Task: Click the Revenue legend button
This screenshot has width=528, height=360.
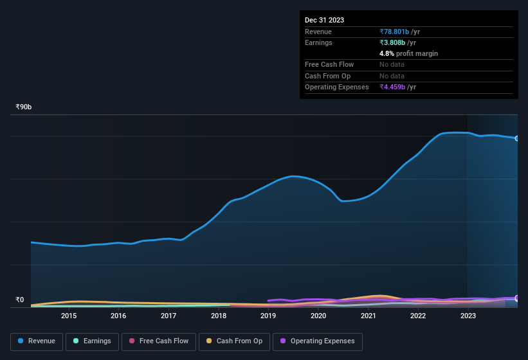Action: click(37, 341)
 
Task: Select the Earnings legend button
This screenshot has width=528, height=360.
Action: click(92, 341)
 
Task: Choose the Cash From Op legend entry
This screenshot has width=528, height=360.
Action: click(234, 341)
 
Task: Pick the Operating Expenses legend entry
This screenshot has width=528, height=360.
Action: click(317, 341)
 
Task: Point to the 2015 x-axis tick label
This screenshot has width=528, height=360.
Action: click(69, 316)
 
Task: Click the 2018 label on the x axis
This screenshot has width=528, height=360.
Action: click(219, 316)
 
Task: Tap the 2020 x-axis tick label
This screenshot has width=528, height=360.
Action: click(318, 316)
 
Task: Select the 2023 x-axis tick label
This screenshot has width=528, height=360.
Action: click(468, 316)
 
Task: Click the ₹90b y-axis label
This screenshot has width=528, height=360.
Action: click(24, 107)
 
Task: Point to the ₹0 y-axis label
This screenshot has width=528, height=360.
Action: click(20, 300)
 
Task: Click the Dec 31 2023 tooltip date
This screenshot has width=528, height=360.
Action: click(324, 20)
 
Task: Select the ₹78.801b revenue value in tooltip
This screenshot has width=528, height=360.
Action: click(399, 32)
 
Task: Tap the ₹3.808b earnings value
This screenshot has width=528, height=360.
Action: click(397, 42)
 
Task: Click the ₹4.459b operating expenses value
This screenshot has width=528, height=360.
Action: click(397, 87)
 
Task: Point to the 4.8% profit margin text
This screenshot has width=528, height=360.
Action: click(408, 53)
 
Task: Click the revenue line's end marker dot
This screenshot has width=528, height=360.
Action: click(516, 138)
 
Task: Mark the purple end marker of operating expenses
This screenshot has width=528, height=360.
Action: click(516, 298)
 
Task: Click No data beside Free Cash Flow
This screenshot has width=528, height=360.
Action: click(392, 64)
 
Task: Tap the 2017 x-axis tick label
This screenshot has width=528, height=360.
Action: click(168, 316)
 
